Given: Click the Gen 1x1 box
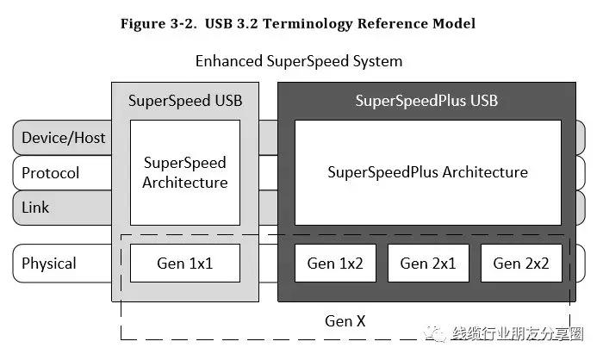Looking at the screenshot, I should [x=184, y=264].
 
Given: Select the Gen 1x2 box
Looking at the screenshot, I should [x=335, y=264].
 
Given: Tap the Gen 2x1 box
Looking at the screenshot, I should [x=428, y=264].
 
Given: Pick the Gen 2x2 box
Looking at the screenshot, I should [x=521, y=264].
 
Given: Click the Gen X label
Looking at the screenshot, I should [x=345, y=320].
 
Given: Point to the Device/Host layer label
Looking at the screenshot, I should [x=63, y=138].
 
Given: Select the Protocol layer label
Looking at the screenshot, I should [x=50, y=173].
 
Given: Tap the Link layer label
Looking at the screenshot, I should [x=35, y=208].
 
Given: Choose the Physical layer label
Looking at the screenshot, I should [x=49, y=264].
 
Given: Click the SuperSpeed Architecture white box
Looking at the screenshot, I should [x=184, y=172].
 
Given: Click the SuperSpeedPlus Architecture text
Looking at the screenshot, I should [x=427, y=172].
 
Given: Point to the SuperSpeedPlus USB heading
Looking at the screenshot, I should [x=426, y=101].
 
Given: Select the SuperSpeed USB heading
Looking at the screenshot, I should [x=185, y=101].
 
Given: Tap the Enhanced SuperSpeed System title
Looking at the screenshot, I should [x=299, y=61].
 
